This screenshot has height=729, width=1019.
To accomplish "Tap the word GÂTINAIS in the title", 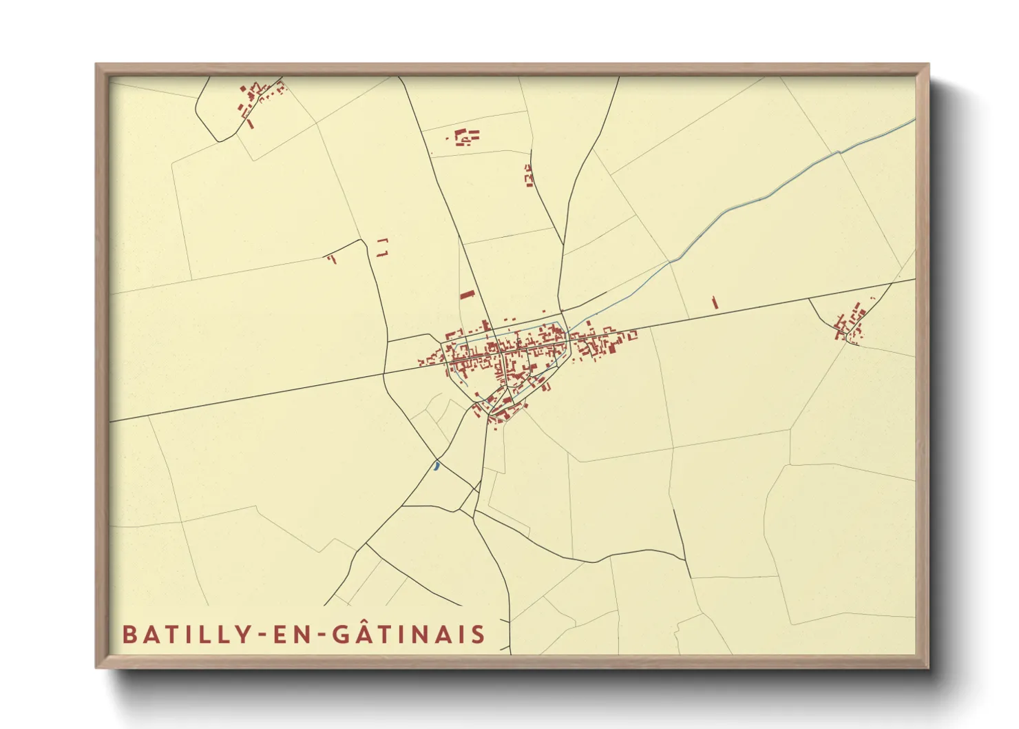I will click(410, 633).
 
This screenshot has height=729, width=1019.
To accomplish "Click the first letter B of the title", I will click(128, 635).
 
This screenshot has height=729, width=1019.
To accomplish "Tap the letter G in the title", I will click(342, 635).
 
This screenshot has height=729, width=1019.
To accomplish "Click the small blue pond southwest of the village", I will click(436, 466).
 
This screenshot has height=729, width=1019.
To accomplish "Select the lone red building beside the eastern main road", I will click(715, 302).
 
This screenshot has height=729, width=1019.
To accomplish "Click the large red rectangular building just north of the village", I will click(468, 295).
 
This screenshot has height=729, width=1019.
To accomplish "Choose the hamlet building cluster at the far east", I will click(851, 322).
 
